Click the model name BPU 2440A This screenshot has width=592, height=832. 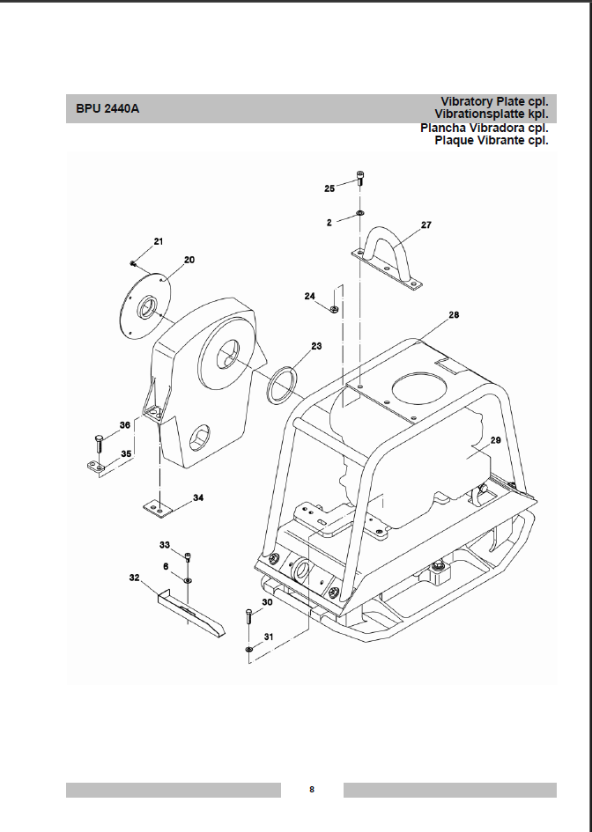tap(107, 109)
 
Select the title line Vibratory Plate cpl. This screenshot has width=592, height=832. tap(494, 101)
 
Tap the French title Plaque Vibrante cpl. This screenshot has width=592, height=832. tap(491, 141)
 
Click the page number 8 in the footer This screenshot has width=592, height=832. tap(312, 790)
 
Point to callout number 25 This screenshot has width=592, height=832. tap(329, 188)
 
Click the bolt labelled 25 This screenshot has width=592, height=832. tap(360, 178)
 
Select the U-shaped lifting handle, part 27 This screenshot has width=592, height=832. tap(388, 258)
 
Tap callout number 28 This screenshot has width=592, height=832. tap(454, 314)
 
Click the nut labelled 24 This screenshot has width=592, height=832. tap(334, 308)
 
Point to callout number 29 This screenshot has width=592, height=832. tap(495, 440)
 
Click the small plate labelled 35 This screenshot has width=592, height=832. tap(98, 467)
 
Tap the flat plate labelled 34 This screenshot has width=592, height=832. tap(159, 508)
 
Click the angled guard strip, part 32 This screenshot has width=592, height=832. tap(191, 612)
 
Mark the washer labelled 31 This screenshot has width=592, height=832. tap(249, 649)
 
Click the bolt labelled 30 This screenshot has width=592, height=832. tap(249, 616)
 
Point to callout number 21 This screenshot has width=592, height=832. tap(159, 241)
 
